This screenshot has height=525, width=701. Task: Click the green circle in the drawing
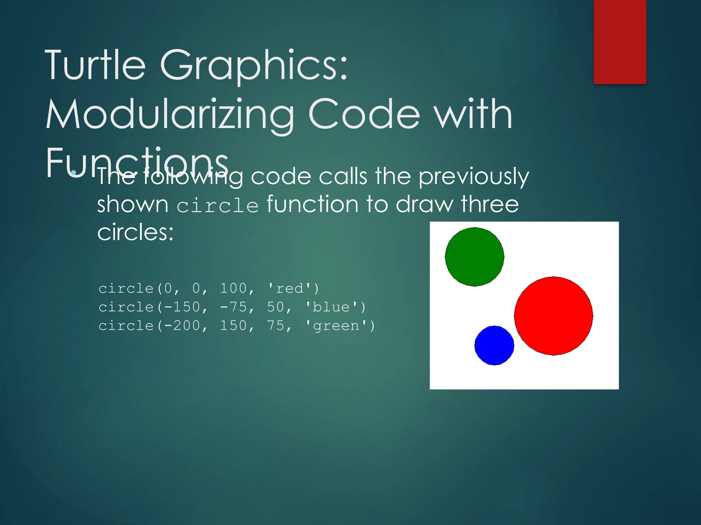[x=474, y=257]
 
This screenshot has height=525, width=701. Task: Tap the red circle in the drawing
[x=553, y=316]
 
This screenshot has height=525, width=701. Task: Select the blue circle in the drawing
[x=494, y=345]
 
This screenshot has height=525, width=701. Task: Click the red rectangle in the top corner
[x=620, y=42]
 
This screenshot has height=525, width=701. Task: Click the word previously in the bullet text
[x=474, y=177]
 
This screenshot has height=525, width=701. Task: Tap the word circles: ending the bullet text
[x=136, y=232]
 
